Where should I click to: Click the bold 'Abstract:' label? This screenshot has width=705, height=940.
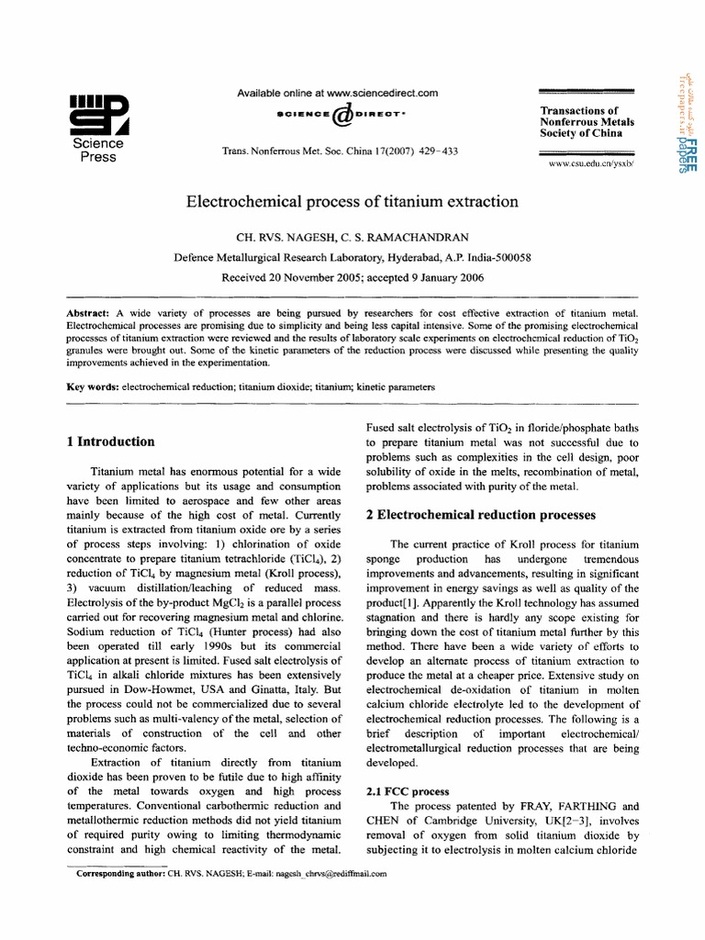pyautogui.click(x=90, y=314)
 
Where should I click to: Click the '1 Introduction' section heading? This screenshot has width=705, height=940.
pyautogui.click(x=110, y=442)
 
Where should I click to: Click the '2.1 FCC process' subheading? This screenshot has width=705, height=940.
pyautogui.click(x=407, y=791)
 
